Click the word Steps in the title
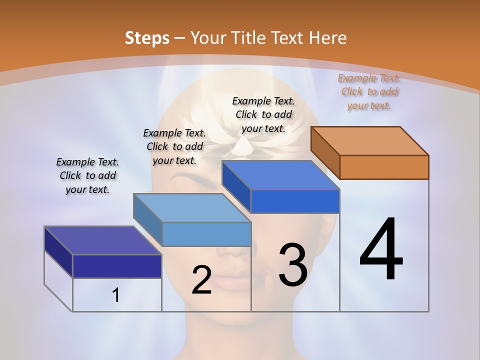(x=146, y=38)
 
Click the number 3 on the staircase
(x=293, y=265)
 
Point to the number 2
(x=201, y=280)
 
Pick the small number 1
(x=116, y=295)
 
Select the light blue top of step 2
(x=192, y=207)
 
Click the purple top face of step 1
(x=102, y=240)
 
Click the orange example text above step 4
(x=369, y=91)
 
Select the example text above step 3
(x=263, y=114)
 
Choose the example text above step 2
(x=174, y=146)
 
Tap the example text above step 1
(x=87, y=175)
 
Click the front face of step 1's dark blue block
(x=117, y=266)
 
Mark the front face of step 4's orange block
(x=384, y=167)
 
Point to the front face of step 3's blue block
(x=295, y=201)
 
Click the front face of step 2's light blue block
(x=206, y=234)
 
